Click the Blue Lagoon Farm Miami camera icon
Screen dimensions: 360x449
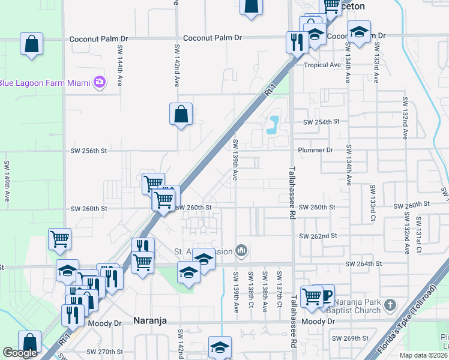100,82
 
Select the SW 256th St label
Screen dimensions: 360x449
88,151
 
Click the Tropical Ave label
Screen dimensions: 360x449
322,65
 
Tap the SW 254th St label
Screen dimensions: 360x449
321,121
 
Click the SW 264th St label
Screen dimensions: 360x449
364,263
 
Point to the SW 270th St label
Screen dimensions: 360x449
104,352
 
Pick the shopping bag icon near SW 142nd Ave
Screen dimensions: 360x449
181,114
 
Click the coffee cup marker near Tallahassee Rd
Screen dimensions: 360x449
324,294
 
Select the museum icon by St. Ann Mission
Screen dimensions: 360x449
241,250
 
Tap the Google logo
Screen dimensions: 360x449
20,353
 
